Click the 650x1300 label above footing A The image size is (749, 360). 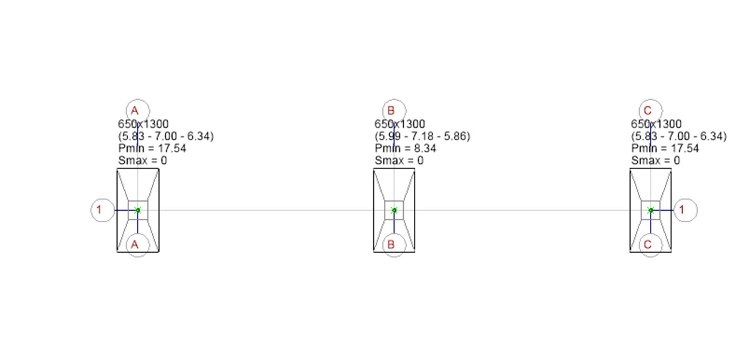pyautogui.click(x=143, y=124)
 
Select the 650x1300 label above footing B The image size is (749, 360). pyautogui.click(x=400, y=124)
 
